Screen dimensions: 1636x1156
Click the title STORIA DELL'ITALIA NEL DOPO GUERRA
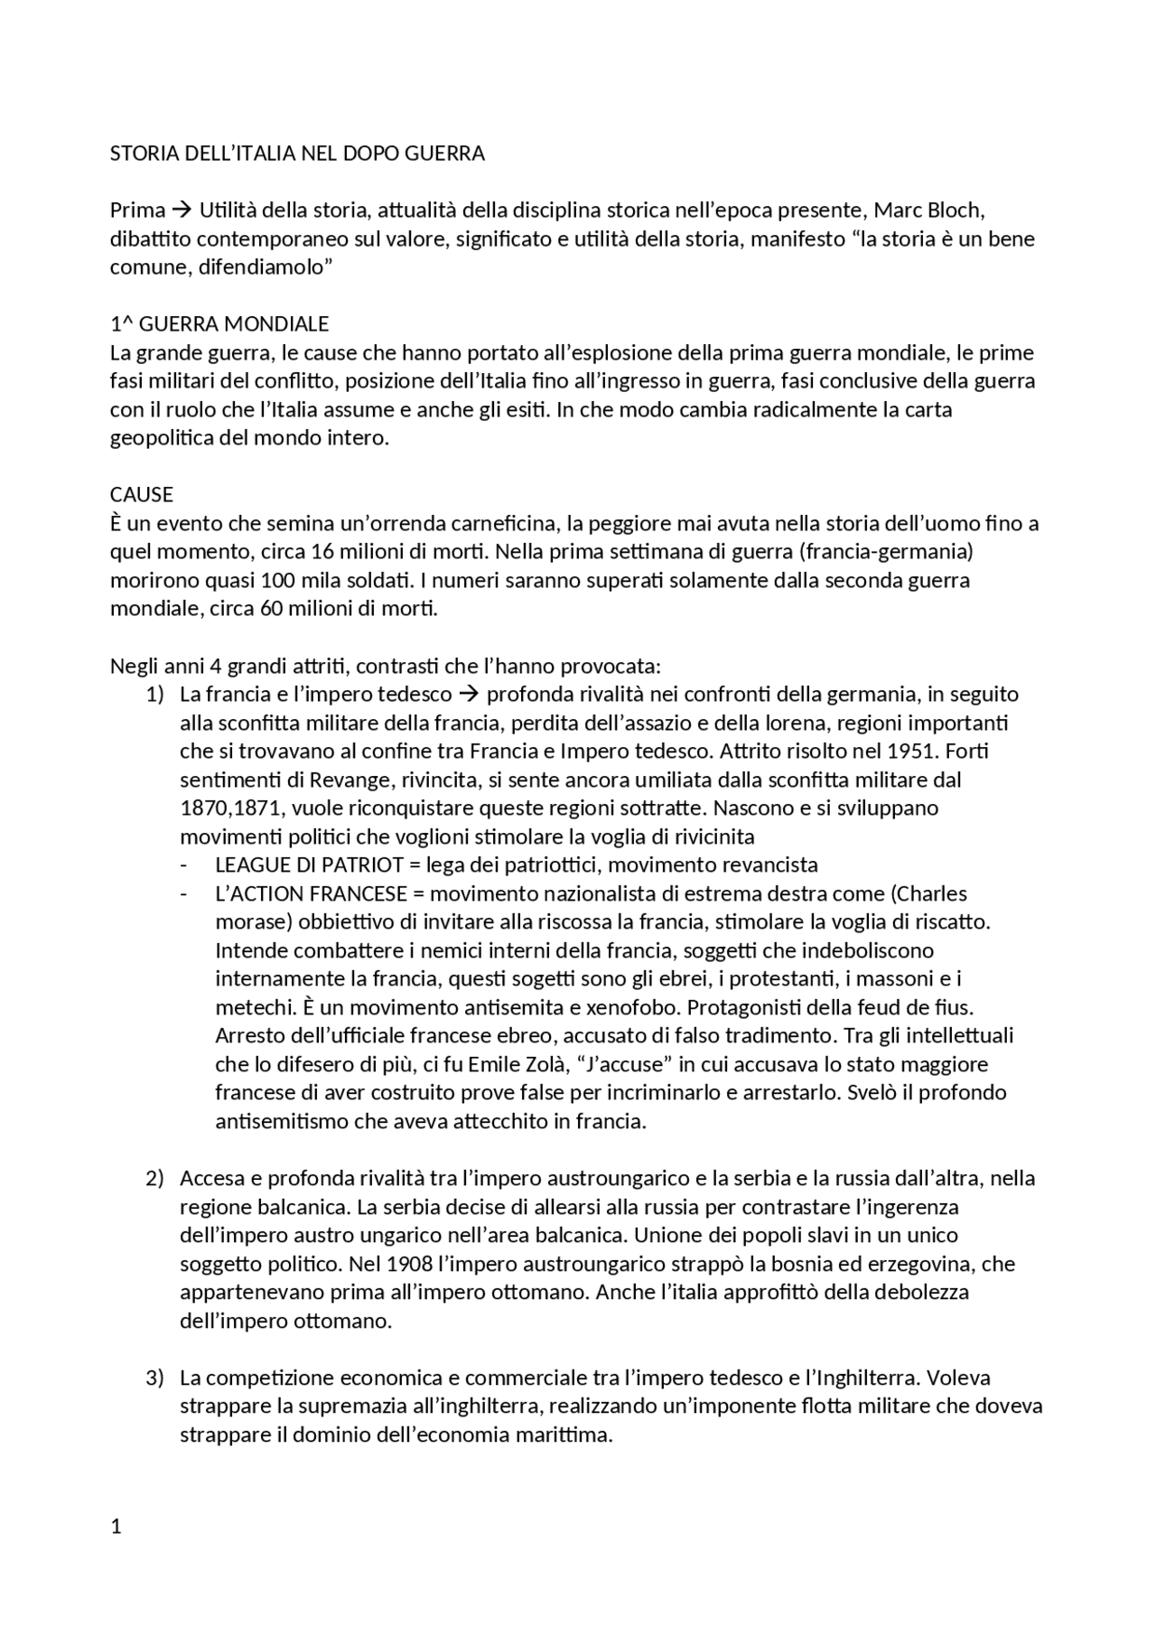point(297,154)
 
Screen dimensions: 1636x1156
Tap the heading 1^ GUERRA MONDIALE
point(219,323)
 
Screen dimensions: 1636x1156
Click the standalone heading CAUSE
point(142,494)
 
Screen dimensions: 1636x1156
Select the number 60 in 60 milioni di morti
point(272,608)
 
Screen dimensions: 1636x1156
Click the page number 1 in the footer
point(116,1528)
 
